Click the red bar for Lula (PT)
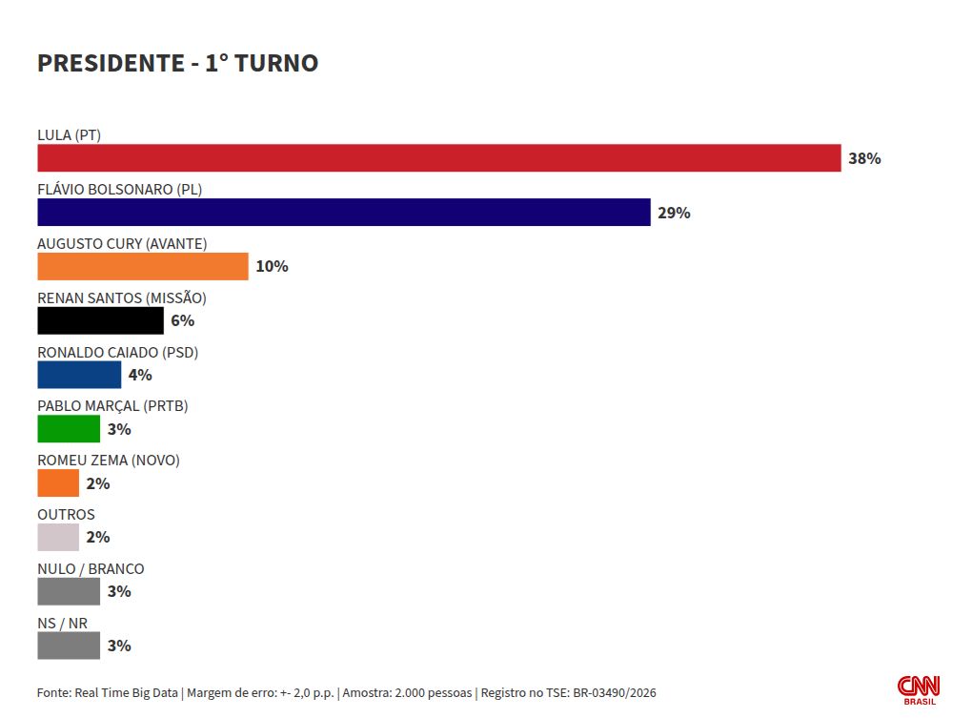click(x=439, y=158)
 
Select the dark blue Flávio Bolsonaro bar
click(x=344, y=212)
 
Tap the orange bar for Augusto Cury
click(x=143, y=267)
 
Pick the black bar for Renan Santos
click(x=100, y=320)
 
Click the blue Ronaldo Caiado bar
click(x=79, y=375)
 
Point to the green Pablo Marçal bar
click(x=69, y=429)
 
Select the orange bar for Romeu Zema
click(x=58, y=483)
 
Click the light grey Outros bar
click(x=58, y=537)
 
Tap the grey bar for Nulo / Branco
click(x=69, y=591)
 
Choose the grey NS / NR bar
click(x=69, y=646)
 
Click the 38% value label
click(x=864, y=158)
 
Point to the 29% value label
click(x=674, y=213)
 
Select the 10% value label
click(x=272, y=267)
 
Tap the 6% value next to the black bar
click(x=182, y=320)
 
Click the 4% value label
click(x=140, y=375)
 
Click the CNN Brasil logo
click(x=919, y=690)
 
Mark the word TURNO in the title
click(x=276, y=63)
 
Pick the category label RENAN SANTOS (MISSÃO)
click(x=122, y=297)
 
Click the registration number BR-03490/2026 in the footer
click(x=615, y=692)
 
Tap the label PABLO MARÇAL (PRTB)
click(x=112, y=406)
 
